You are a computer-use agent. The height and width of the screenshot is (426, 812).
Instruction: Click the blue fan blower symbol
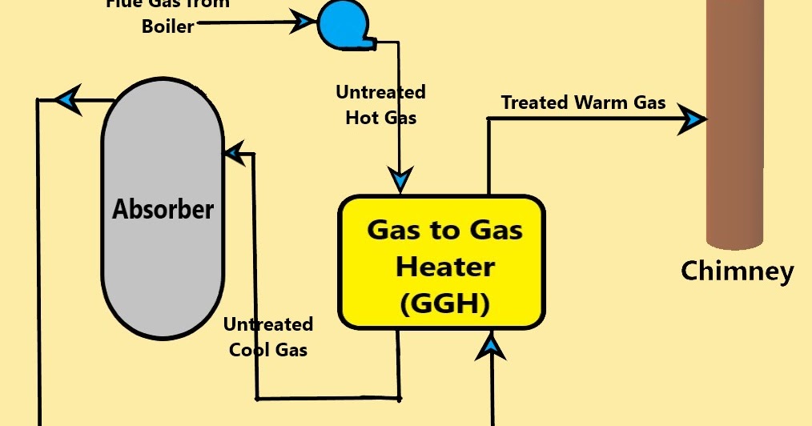343,23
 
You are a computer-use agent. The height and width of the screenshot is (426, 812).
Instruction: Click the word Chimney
737,271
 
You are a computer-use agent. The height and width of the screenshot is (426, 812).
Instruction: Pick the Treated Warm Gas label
583,102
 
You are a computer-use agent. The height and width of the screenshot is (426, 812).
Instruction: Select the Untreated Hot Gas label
380,105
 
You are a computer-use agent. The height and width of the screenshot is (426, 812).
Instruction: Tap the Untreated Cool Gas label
267,337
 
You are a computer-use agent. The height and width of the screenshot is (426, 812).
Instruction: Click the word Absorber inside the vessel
163,210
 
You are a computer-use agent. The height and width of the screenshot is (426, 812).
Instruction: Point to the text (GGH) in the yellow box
444,303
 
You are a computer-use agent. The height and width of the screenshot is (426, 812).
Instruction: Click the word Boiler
167,26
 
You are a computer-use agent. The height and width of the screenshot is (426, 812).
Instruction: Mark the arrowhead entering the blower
303,22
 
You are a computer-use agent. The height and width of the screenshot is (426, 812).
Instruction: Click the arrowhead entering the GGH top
400,179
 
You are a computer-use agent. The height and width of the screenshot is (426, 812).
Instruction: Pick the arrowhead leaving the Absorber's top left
66,100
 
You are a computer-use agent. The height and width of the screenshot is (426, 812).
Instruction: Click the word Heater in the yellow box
445,267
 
